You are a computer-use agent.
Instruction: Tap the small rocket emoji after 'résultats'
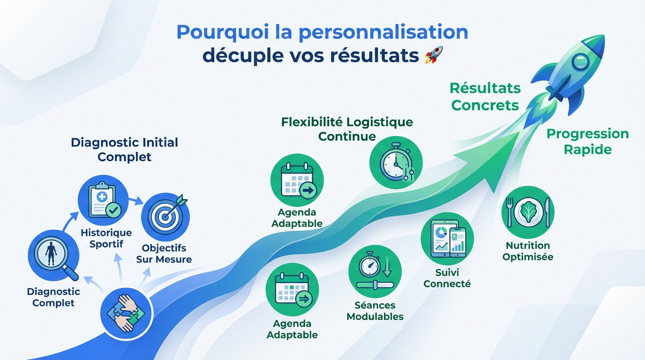coord(434,55)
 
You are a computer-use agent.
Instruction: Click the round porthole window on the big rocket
coord(581,61)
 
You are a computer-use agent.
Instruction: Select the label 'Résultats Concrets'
coord(485,97)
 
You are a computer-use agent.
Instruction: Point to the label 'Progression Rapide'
coord(588,142)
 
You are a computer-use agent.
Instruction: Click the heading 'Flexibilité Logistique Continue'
coord(347,129)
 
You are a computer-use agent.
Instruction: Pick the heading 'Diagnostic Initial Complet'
coord(124,150)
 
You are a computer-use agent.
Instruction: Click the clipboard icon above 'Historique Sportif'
coord(103,200)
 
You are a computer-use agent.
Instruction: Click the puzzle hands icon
coord(127,314)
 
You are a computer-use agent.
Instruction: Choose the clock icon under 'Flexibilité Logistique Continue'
coord(396,163)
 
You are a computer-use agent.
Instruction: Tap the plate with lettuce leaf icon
coord(528,212)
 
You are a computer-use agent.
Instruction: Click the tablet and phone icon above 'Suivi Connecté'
coord(447,239)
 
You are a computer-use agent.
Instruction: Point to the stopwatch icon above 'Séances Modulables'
coord(375,271)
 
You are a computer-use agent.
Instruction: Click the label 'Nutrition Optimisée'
coord(528,251)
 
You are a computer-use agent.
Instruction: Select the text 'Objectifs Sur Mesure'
coord(164,254)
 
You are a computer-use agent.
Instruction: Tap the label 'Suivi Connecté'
coord(447,278)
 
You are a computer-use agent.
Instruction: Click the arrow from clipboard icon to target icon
coord(136,201)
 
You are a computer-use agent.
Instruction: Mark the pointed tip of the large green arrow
coord(519,133)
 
